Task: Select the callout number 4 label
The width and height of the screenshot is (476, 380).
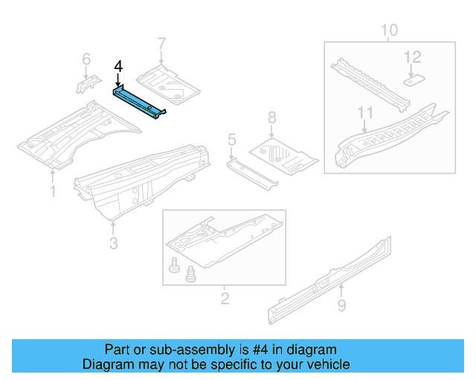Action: pyautogui.click(x=118, y=68)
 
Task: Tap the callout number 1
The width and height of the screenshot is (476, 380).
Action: pyautogui.click(x=52, y=191)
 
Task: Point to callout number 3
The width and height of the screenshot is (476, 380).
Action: pyautogui.click(x=112, y=243)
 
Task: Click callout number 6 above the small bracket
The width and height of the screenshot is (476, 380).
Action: pyautogui.click(x=86, y=59)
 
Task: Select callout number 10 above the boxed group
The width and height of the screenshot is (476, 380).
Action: pyautogui.click(x=389, y=30)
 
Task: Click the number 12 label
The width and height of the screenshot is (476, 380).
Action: pyautogui.click(x=412, y=57)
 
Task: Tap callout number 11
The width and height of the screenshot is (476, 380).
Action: pyautogui.click(x=364, y=113)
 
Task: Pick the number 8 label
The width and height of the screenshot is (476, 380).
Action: pyautogui.click(x=271, y=117)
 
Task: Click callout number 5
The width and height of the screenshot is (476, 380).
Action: pyautogui.click(x=232, y=139)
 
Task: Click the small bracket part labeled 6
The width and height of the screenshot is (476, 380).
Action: pyautogui.click(x=86, y=83)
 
